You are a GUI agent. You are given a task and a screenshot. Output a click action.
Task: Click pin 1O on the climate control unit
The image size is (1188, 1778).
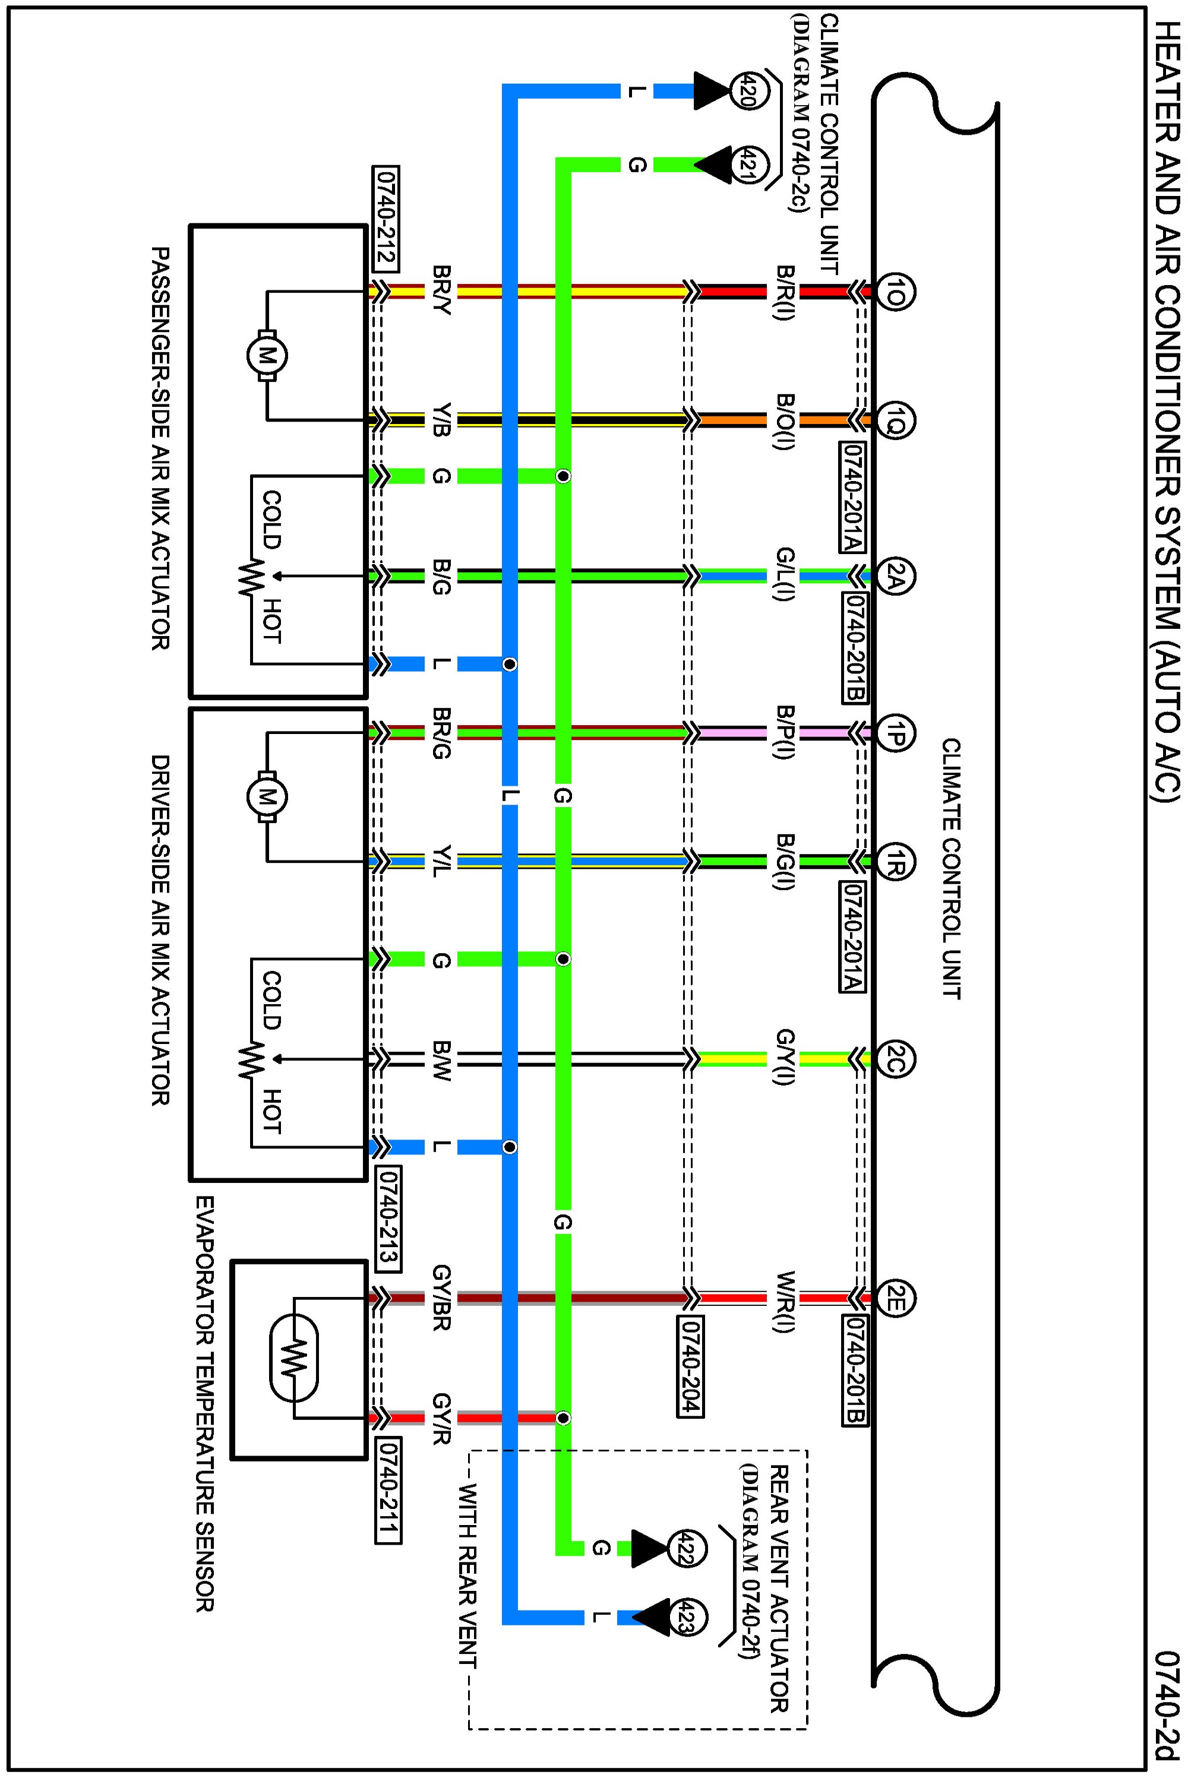(896, 291)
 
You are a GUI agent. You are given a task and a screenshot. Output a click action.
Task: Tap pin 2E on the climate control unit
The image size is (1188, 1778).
(896, 1299)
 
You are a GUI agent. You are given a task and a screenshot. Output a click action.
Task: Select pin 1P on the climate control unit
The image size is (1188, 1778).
(896, 732)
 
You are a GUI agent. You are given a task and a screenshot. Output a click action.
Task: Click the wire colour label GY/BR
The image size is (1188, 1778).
(443, 1298)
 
